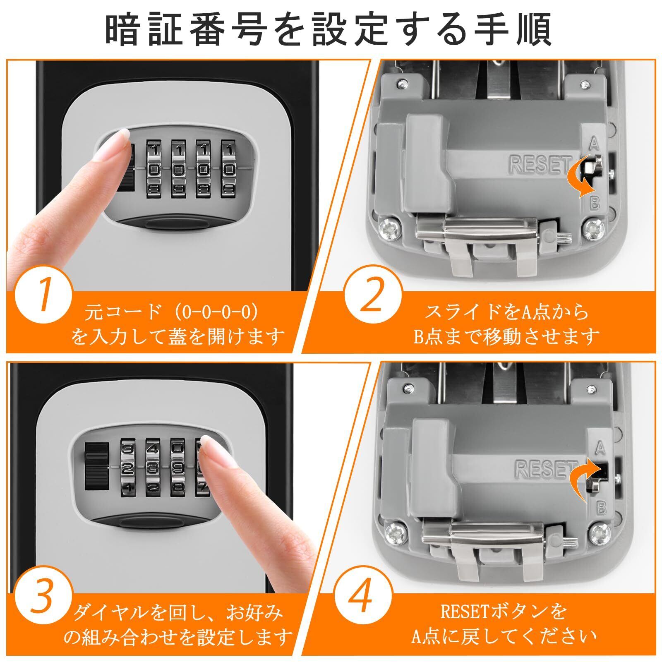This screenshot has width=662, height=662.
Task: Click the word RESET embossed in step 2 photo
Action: click(x=540, y=164)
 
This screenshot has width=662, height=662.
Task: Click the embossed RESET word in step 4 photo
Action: click(x=546, y=468)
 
